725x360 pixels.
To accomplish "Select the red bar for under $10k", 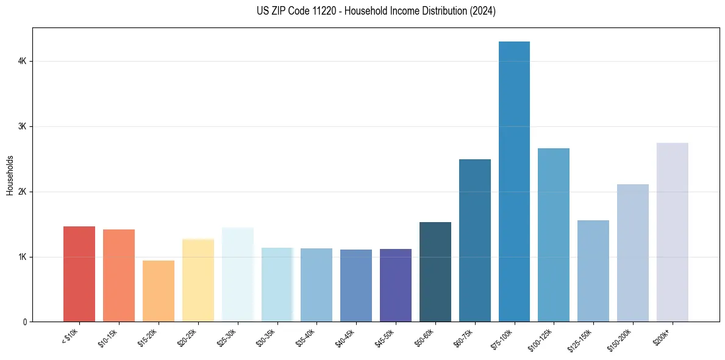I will coord(79,274).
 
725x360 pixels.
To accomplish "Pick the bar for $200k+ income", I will coord(672,232).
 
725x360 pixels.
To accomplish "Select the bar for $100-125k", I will coord(554,235).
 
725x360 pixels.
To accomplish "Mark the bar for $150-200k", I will coord(632,253).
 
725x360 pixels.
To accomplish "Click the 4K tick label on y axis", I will coord(21,61).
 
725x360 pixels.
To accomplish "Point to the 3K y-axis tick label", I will coord(21,126).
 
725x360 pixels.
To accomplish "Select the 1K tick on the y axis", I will coord(21,257).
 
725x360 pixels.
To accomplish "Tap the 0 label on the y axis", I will coord(24,322).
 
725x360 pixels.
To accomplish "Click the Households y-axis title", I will coord(10,175).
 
